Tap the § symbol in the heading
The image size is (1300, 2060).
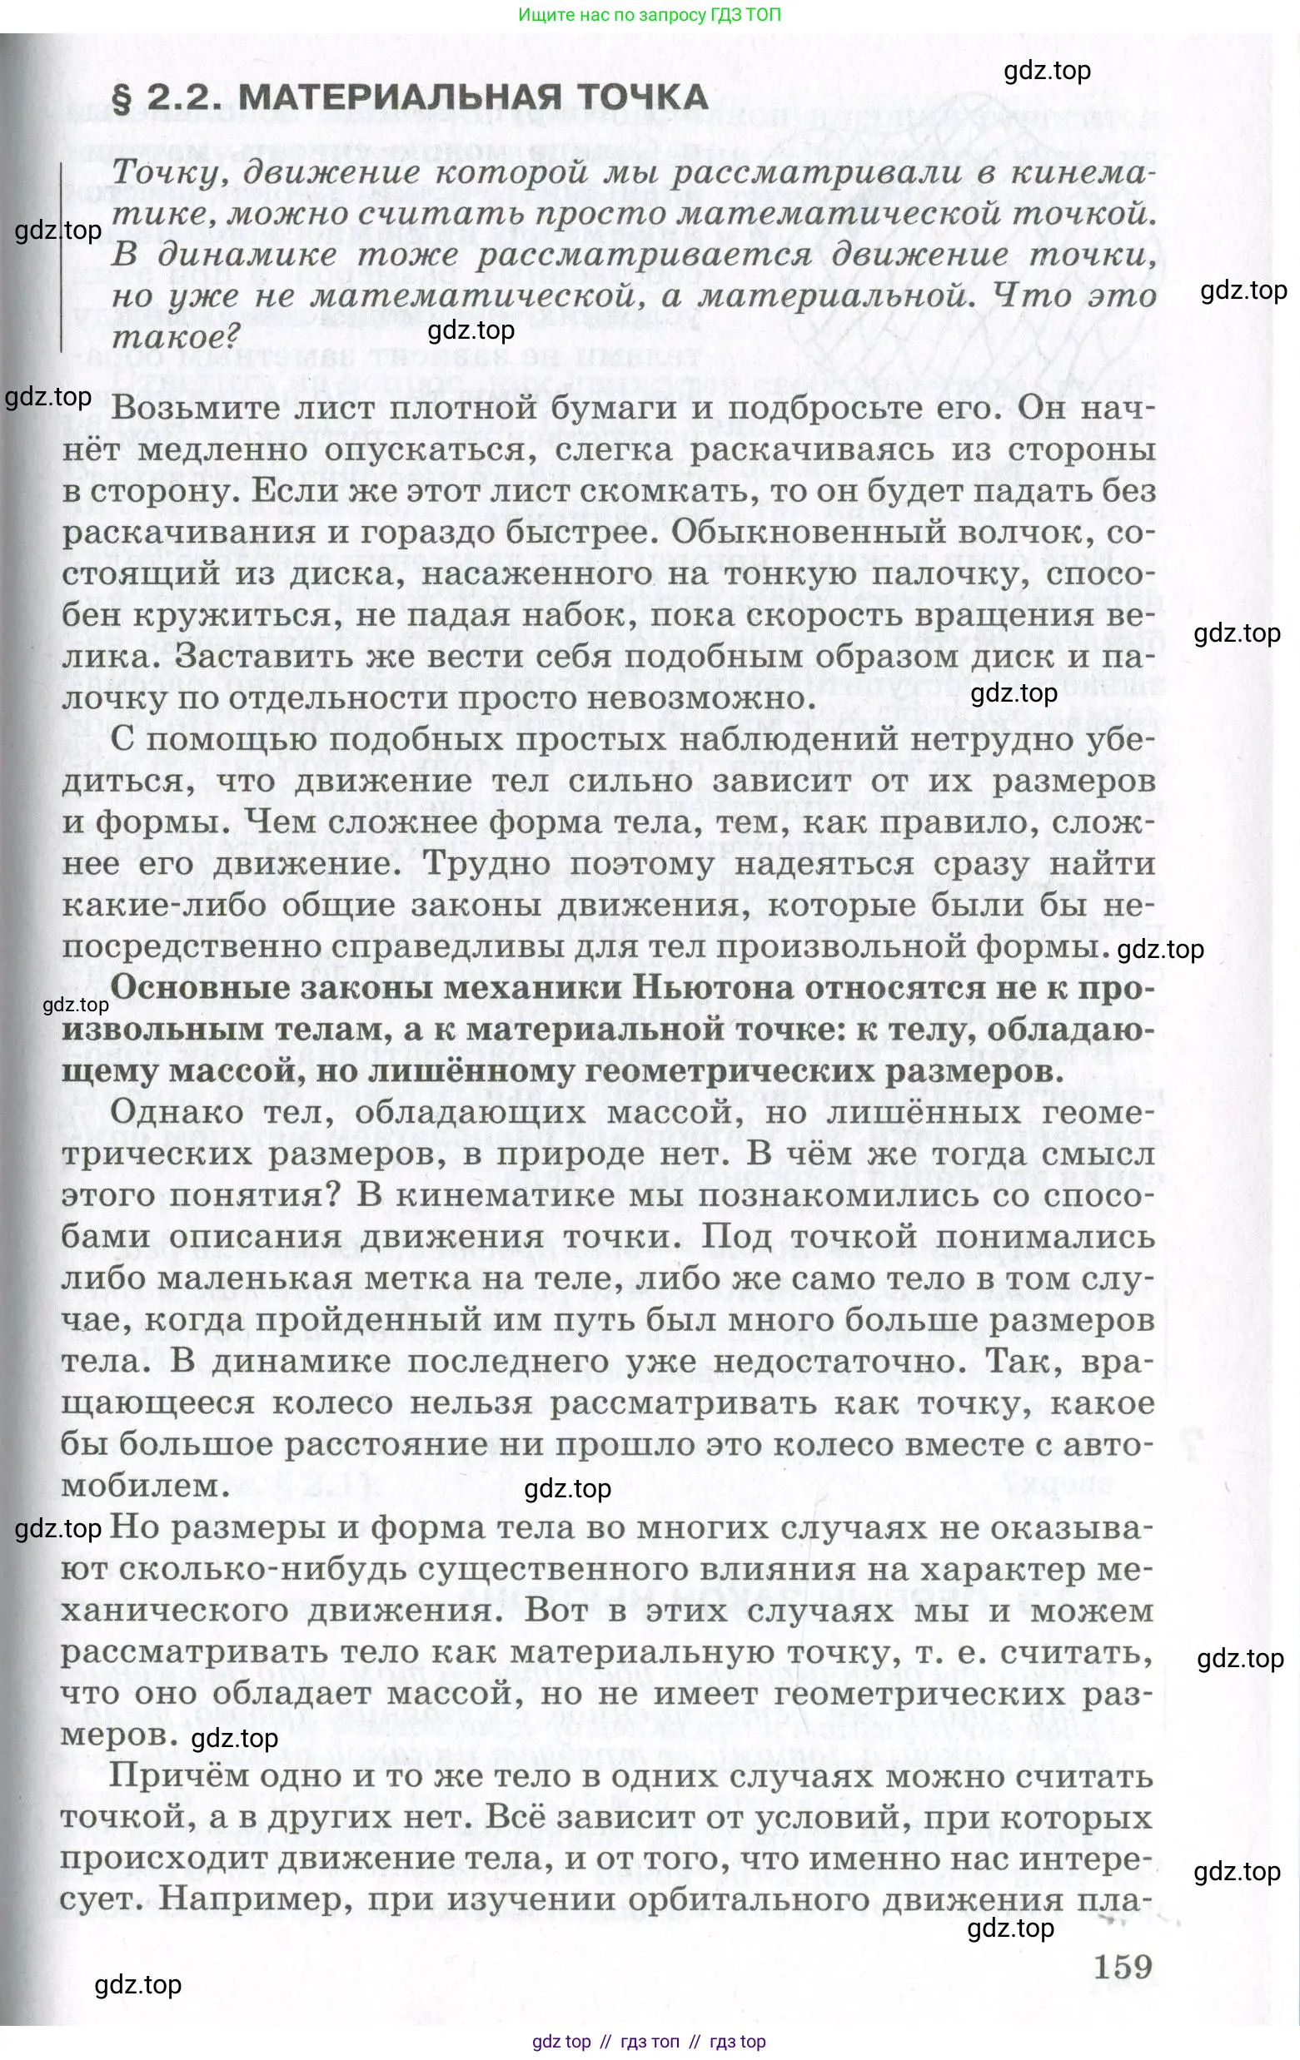coord(122,98)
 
